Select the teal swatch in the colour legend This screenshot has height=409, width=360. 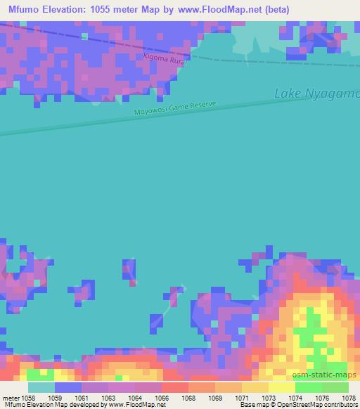pyautogui.click(x=41, y=387)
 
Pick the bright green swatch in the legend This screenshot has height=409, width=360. pyautogui.click(x=309, y=387)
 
